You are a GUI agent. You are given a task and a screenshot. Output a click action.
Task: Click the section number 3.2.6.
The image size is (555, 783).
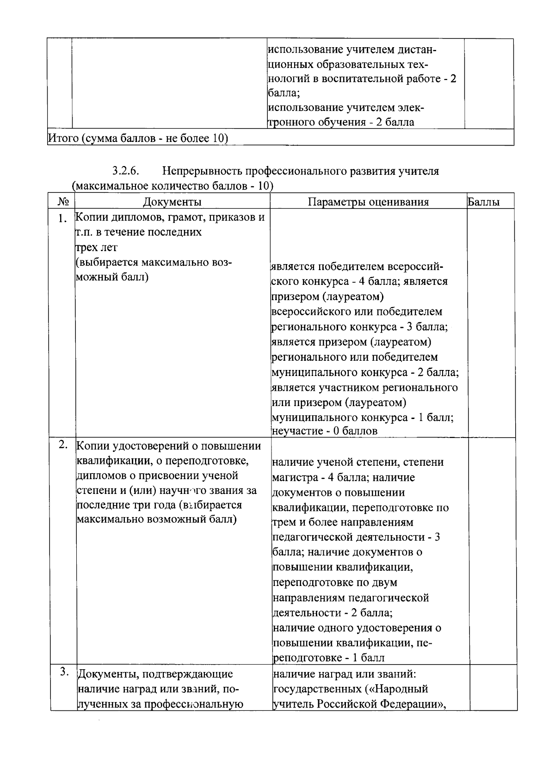[125, 171]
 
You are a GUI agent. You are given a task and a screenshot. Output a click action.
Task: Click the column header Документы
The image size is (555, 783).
[172, 202]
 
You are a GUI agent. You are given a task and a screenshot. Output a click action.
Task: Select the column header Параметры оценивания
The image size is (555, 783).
[368, 202]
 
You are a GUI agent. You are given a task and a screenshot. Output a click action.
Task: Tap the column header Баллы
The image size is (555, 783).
[483, 202]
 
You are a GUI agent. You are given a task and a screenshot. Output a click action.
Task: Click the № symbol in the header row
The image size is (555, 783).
[63, 202]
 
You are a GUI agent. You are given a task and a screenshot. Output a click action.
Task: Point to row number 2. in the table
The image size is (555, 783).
[64, 445]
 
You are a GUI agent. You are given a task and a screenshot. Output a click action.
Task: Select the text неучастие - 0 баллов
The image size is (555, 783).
[324, 431]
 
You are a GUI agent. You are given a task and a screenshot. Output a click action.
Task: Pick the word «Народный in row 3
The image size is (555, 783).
[401, 689]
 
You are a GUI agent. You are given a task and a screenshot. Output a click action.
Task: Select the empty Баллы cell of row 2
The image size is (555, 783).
[492, 550]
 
